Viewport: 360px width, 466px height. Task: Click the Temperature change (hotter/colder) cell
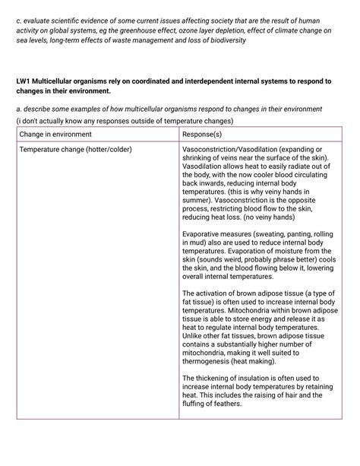(x=75, y=149)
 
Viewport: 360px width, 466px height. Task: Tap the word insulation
(x=254, y=377)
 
